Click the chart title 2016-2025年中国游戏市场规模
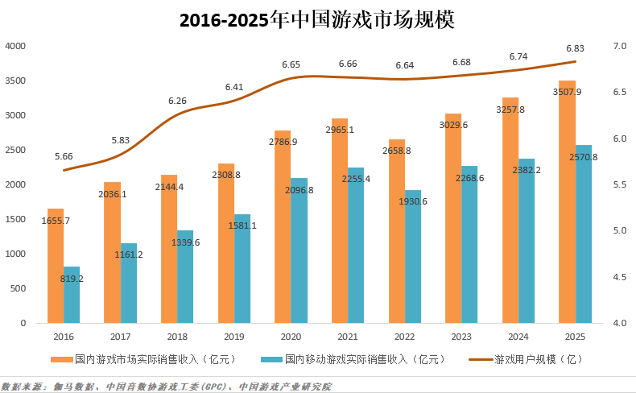[x=317, y=19]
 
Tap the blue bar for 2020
[x=299, y=250]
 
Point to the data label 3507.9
[x=568, y=92]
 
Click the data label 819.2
[x=72, y=279]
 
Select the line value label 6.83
[x=576, y=48]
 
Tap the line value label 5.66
[x=64, y=156]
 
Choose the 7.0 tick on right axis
[x=619, y=47]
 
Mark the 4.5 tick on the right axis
[x=619, y=277]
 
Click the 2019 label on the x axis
[x=234, y=337]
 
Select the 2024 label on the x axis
[x=518, y=337]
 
